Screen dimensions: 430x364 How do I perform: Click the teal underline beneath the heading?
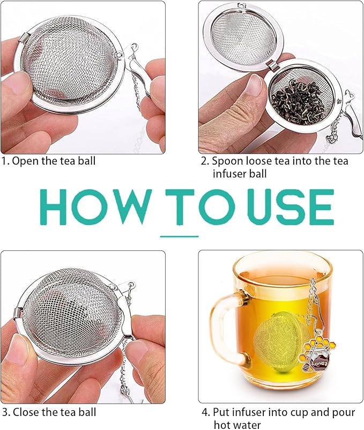[180, 235]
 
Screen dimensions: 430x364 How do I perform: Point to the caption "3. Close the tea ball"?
[49, 412]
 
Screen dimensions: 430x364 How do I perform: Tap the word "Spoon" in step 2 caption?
[226, 160]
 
